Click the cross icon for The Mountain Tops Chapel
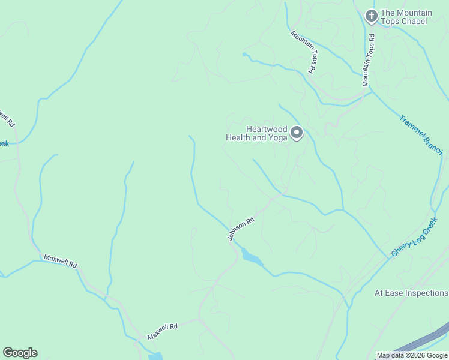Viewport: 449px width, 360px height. point(372,16)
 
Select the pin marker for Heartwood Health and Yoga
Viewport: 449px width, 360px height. point(297,133)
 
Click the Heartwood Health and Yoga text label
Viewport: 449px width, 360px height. point(257,133)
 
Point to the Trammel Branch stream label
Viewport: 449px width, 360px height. point(421,135)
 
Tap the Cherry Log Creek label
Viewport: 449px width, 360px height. point(415,238)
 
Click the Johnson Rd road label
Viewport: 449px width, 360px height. point(241,229)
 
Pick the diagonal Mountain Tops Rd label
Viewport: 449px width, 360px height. point(304,52)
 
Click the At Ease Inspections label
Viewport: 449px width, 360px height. point(411,293)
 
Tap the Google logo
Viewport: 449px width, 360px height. point(20,353)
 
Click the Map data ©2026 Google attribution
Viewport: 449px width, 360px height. point(412,356)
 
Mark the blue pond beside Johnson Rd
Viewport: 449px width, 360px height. point(252,257)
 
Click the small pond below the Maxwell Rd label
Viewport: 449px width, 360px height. point(155,357)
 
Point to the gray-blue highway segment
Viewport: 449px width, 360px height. point(420,342)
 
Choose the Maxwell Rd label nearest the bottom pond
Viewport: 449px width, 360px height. point(163,331)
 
